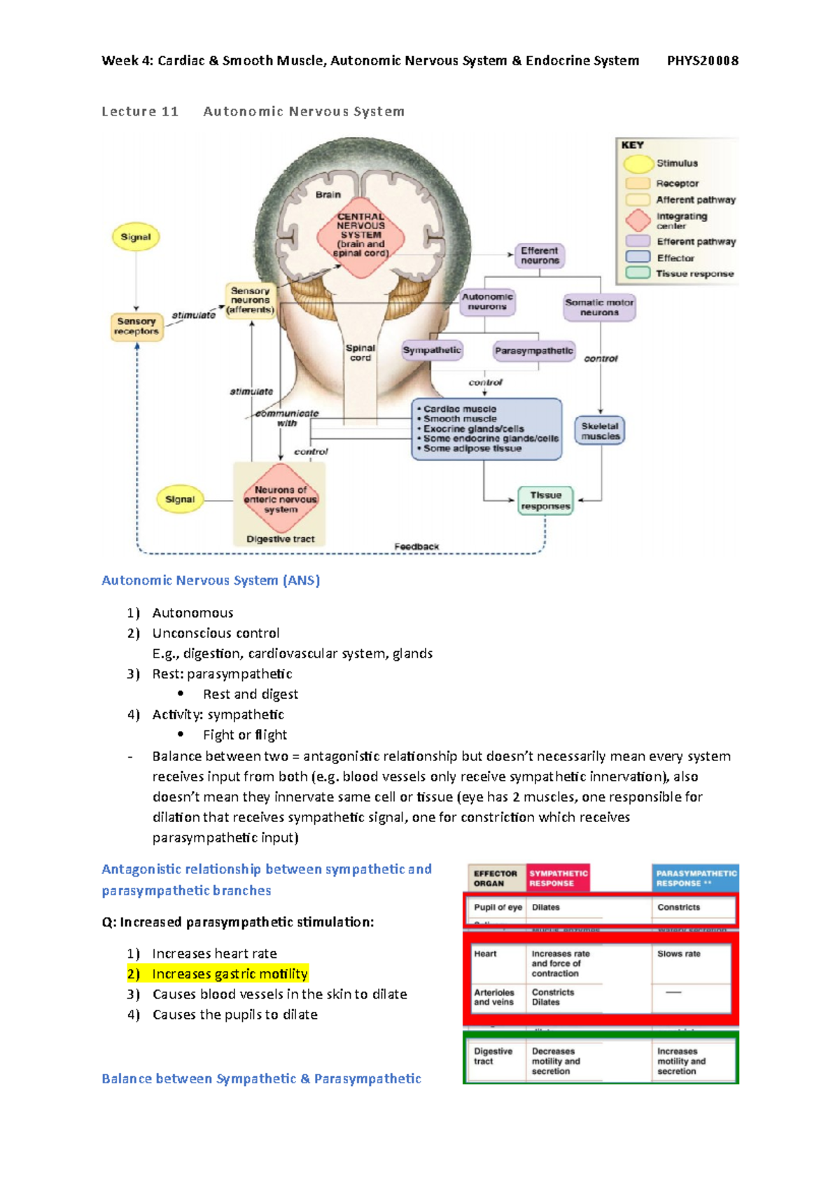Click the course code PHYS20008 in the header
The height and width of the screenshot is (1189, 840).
(702, 61)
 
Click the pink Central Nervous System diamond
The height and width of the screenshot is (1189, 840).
(361, 236)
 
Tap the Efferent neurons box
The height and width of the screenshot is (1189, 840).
(540, 256)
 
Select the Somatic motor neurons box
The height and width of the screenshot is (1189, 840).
(599, 307)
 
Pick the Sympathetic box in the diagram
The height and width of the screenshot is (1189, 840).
(432, 350)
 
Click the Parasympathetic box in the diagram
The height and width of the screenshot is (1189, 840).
(533, 351)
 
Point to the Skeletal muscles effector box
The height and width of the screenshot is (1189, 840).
(600, 431)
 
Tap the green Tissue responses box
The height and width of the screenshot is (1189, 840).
(545, 501)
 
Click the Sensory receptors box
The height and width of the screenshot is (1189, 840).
(136, 326)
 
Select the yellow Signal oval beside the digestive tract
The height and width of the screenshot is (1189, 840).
(180, 499)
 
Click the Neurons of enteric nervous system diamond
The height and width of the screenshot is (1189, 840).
(281, 499)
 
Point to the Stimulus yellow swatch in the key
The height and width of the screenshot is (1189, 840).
(638, 164)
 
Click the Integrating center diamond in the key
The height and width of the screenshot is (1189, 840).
(638, 221)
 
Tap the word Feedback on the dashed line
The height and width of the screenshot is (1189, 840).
(416, 547)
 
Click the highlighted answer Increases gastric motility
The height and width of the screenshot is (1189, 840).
(230, 974)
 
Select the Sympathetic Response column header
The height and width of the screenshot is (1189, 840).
(558, 878)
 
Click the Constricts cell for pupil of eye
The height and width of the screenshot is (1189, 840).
(678, 908)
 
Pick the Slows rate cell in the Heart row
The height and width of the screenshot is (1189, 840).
(678, 954)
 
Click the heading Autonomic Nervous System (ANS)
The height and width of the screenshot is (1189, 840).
(211, 580)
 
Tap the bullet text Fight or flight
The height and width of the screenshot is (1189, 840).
(245, 735)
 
